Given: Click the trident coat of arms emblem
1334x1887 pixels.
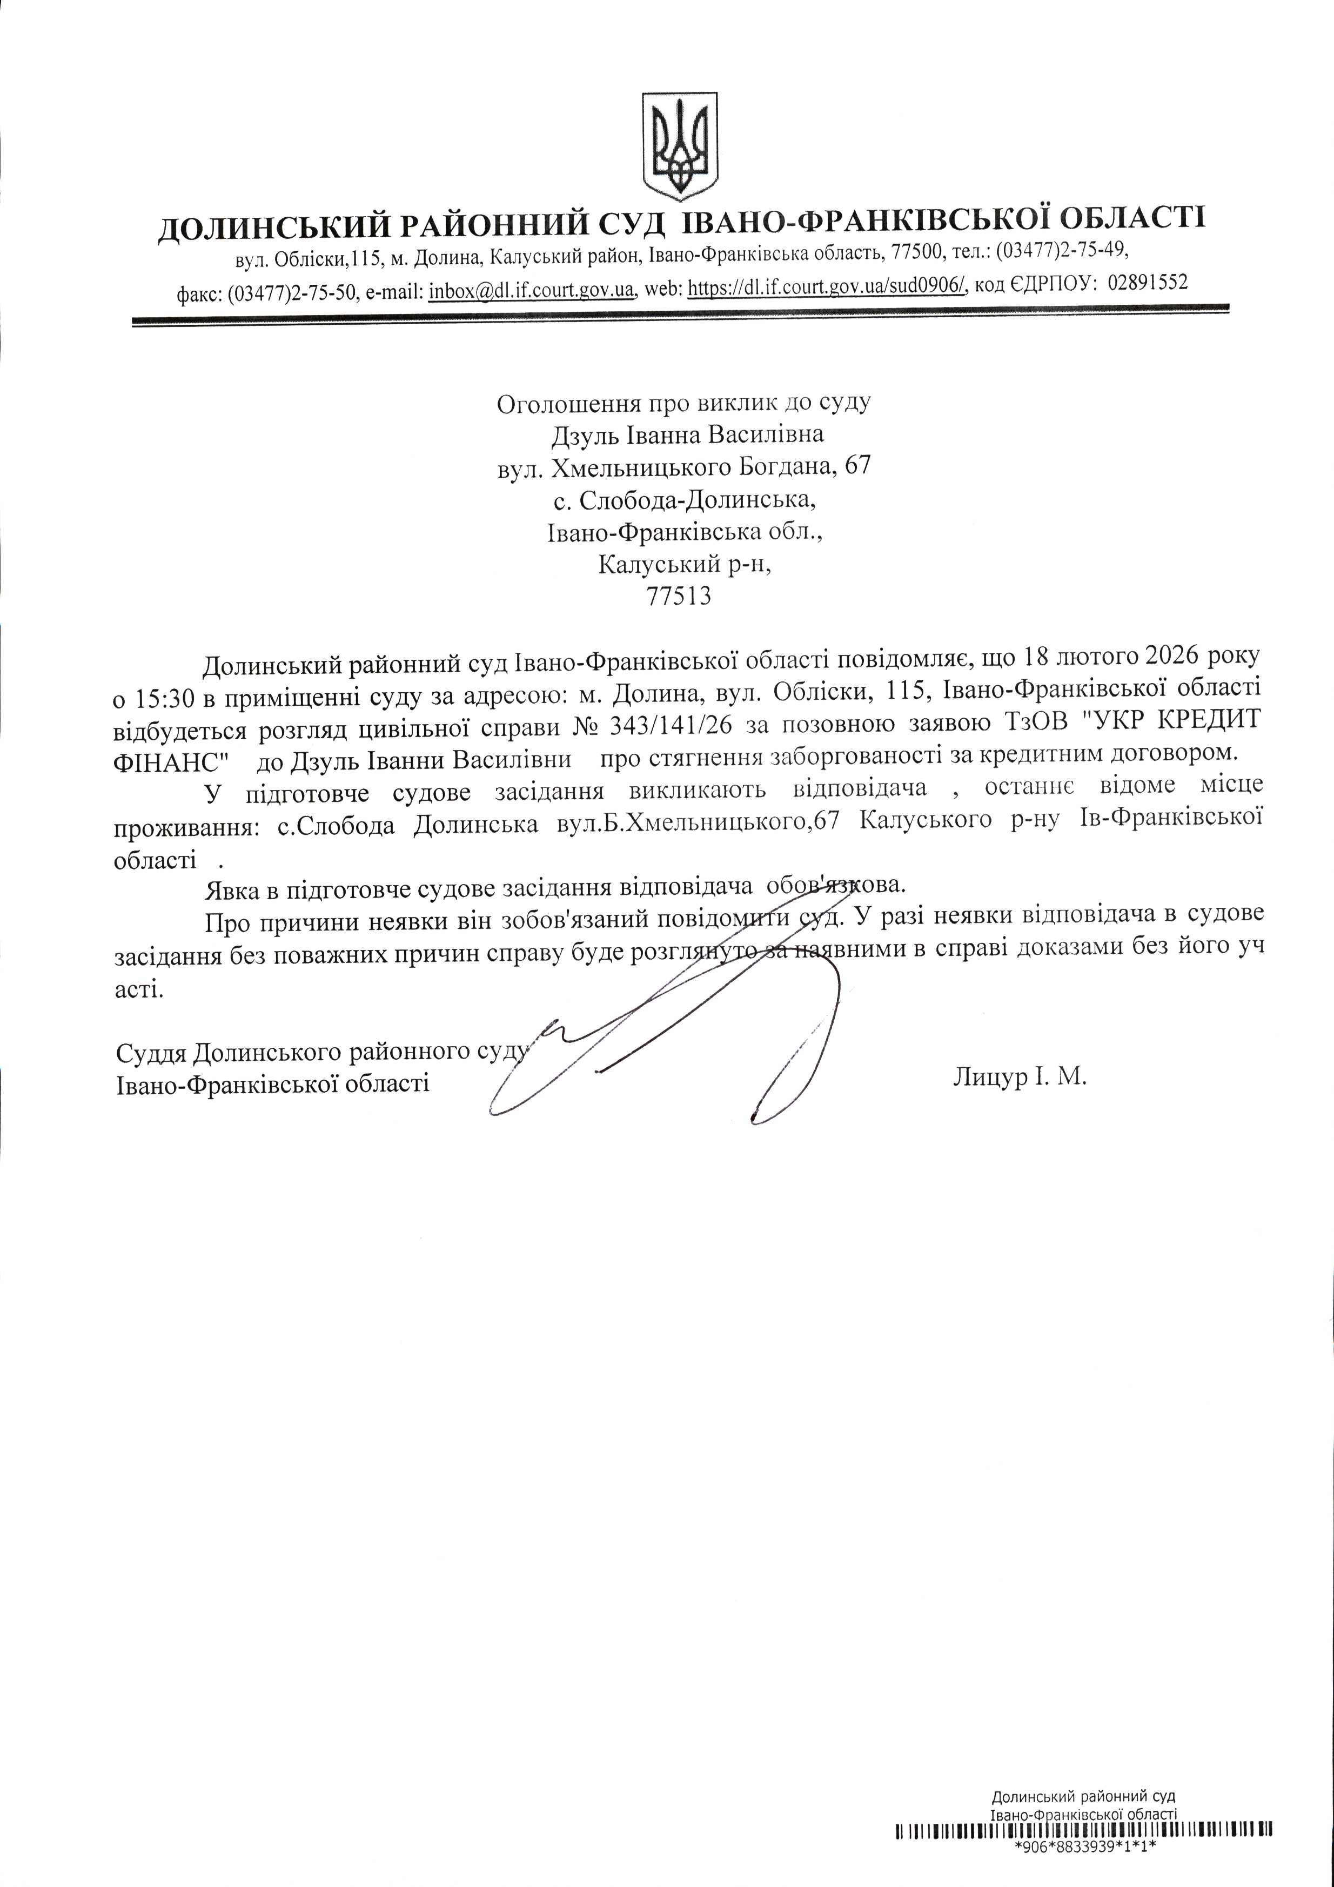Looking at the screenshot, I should click(x=679, y=145).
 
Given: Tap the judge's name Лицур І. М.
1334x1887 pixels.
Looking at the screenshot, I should click(x=1019, y=1076).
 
